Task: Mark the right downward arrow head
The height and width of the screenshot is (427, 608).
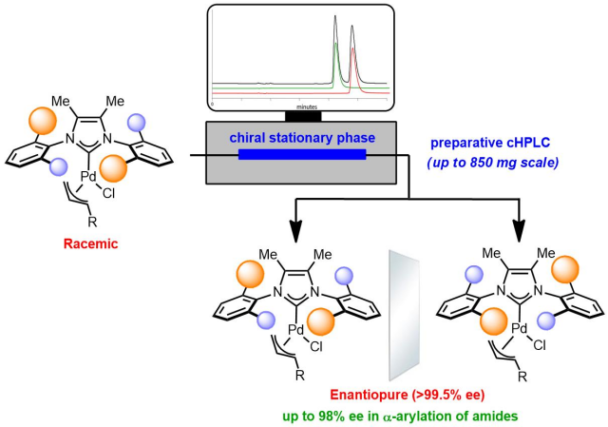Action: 519,227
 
